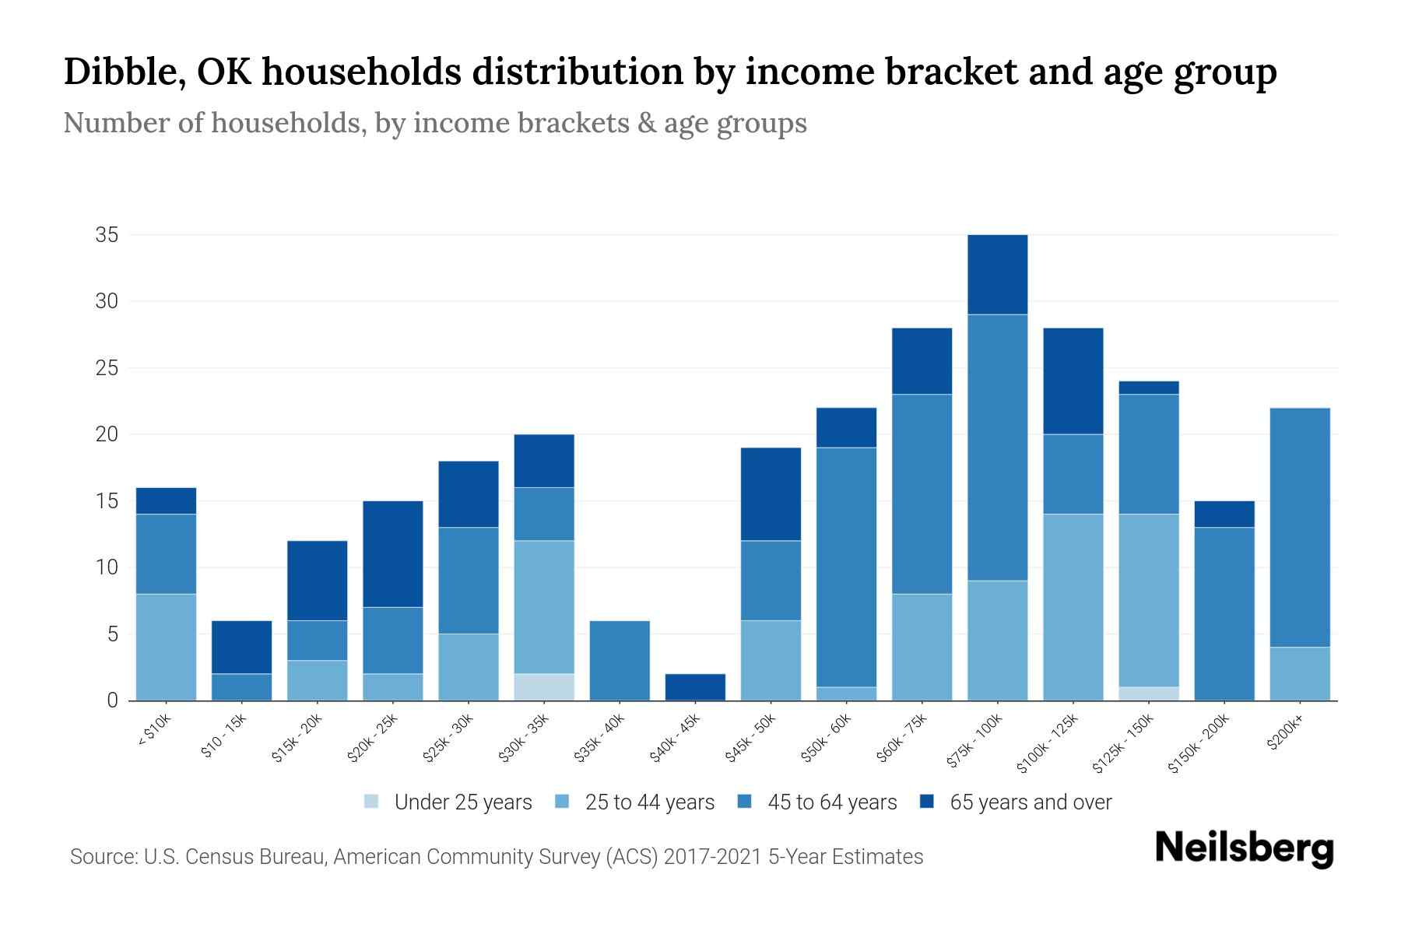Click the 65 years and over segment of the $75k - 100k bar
coord(997,274)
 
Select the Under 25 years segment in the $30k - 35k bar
coord(543,686)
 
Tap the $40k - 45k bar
coord(695,686)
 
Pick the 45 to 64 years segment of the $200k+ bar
coord(1299,527)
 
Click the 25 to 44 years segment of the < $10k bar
coord(166,647)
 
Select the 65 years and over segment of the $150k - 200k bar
coord(1224,514)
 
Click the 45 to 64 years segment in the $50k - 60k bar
coord(846,567)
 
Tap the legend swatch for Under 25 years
coord(371,801)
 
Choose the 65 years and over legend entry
coord(1030,802)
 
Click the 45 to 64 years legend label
coord(831,802)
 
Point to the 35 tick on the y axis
coord(107,234)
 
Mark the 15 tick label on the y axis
coord(107,500)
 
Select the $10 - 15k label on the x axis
coord(224,736)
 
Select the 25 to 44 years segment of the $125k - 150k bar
coord(1148,599)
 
